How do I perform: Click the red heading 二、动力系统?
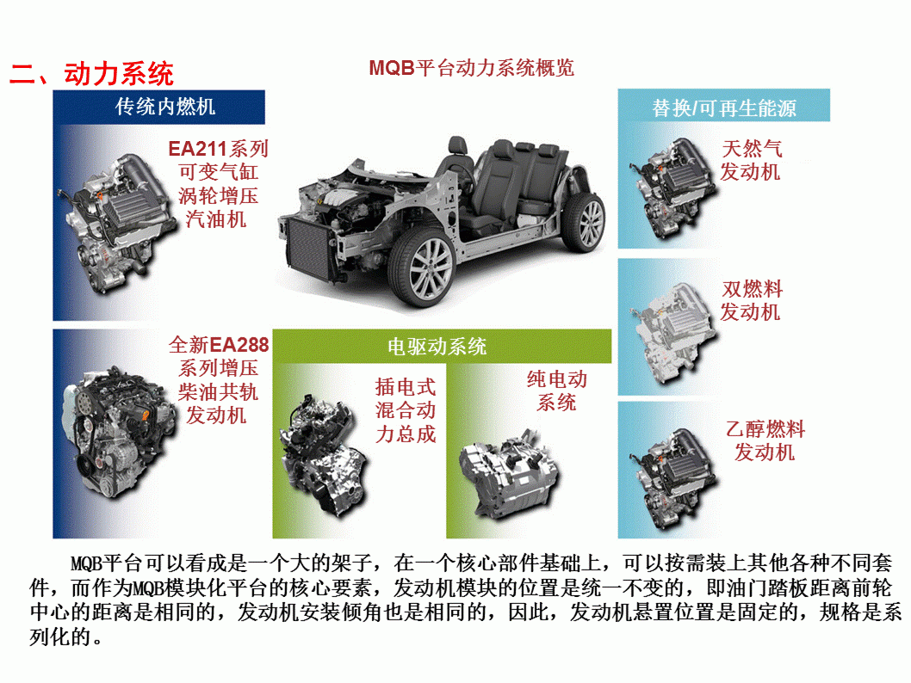click(x=92, y=74)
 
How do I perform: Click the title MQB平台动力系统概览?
click(x=472, y=68)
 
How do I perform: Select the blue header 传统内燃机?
click(x=165, y=107)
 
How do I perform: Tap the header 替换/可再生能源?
click(x=724, y=108)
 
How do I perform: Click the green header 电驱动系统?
click(x=437, y=347)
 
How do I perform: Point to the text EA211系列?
click(x=219, y=149)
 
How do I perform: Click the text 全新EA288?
click(x=219, y=345)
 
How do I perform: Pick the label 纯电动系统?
click(x=556, y=391)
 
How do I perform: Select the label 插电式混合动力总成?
click(x=406, y=410)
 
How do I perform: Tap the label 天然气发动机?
click(x=751, y=160)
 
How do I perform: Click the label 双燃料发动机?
click(x=751, y=300)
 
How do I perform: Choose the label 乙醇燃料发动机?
click(x=765, y=440)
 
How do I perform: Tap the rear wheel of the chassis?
click(x=583, y=222)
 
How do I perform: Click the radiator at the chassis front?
click(x=308, y=249)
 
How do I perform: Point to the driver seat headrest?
click(x=458, y=145)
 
